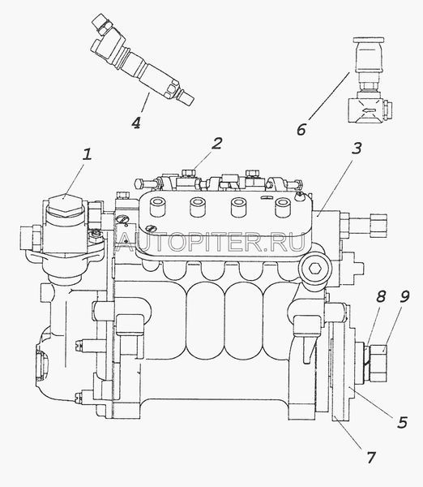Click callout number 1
coord(88,154)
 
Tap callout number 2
coord(217,144)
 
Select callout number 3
coord(357,149)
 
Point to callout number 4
coord(136,122)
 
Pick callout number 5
coord(402,422)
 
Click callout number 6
coord(301,129)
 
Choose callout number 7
coord(370,458)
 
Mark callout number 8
coord(381,296)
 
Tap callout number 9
coord(404,296)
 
